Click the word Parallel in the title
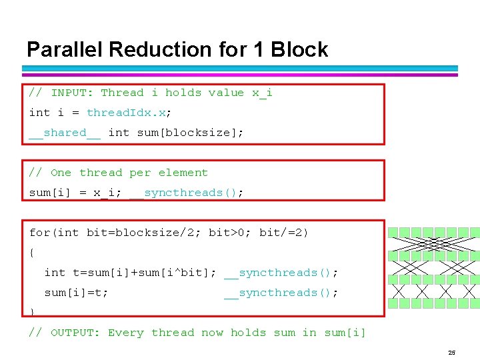[64, 49]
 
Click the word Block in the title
[299, 49]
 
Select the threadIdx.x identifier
[127, 113]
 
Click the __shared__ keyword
[65, 133]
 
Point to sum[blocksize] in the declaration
[187, 133]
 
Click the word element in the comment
[183, 173]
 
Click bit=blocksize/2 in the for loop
[141, 233]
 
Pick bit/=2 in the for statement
[281, 233]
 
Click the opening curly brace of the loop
[32, 253]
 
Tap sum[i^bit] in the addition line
[173, 273]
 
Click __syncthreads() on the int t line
[277, 273]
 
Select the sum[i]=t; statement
[76, 293]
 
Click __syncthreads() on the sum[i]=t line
[277, 293]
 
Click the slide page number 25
[452, 353]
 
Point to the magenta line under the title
[240, 75]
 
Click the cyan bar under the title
[240, 68]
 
